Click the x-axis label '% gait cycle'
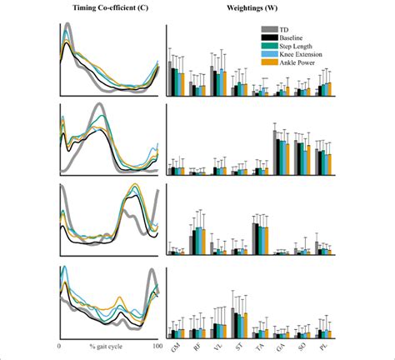pos(107,344)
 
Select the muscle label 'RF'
pos(197,344)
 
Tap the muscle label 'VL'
pos(218,344)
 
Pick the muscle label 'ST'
pos(239,344)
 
